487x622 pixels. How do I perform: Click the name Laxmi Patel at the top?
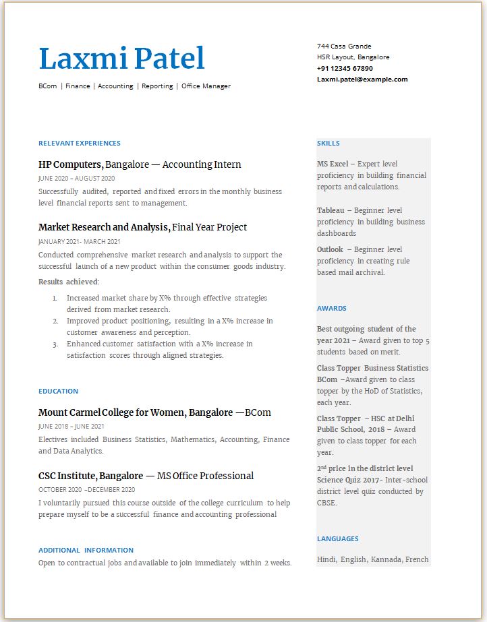[x=121, y=59]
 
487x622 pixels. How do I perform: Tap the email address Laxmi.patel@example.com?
[x=362, y=80]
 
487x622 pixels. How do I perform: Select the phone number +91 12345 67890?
[x=345, y=68]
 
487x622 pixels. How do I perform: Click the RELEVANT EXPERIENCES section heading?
[x=80, y=143]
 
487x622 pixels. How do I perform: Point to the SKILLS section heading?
[x=328, y=143]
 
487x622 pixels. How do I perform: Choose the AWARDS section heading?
[x=332, y=308]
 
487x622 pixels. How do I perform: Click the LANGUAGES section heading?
[x=338, y=538]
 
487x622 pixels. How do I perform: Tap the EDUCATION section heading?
[x=59, y=391]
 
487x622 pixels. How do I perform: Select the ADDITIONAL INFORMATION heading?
[x=86, y=550]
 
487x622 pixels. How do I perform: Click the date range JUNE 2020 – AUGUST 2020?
[x=76, y=179]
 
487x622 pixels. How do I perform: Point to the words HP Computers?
[x=70, y=164]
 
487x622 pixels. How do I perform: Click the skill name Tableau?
[x=331, y=210]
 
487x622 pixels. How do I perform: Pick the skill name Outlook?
[x=330, y=249]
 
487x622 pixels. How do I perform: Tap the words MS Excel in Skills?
[x=333, y=164]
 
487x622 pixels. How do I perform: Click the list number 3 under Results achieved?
[x=55, y=344]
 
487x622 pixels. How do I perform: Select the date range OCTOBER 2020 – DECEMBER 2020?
[x=86, y=490]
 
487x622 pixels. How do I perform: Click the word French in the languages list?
[x=417, y=559]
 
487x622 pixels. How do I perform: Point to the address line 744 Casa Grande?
[x=344, y=46]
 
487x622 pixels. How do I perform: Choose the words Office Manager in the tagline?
[x=206, y=86]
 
